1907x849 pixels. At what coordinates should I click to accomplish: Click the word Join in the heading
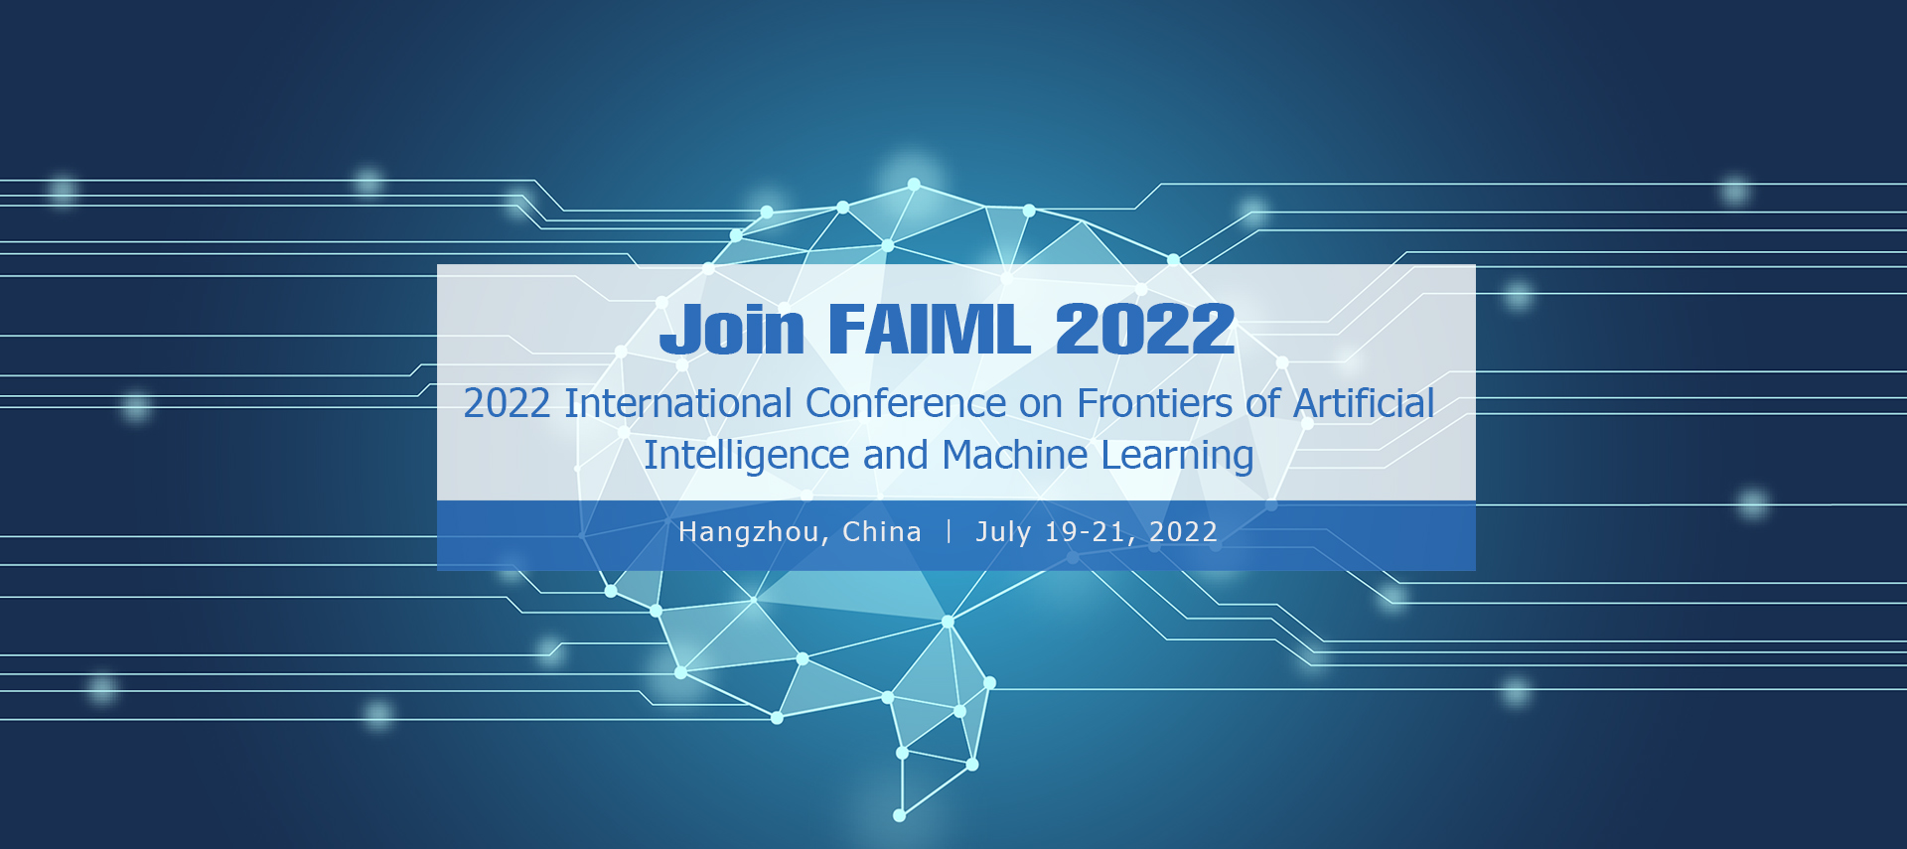[x=732, y=329]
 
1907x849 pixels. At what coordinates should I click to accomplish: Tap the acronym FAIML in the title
[x=929, y=329]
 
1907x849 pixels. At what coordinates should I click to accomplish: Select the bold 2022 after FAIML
[x=1144, y=329]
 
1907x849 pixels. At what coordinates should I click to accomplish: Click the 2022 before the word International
[x=507, y=403]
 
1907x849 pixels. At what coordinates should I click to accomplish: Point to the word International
[x=678, y=403]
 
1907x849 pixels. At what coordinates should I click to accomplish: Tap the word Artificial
[x=1364, y=403]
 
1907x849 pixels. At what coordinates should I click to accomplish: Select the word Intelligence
[x=746, y=456]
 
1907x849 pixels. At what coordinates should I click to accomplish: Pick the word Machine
[x=1015, y=455]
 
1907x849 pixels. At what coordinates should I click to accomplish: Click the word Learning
[x=1177, y=456]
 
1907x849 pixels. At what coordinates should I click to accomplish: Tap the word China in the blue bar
[x=881, y=532]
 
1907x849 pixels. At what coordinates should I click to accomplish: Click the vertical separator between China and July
[x=949, y=531]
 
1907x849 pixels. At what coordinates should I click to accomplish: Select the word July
[x=1003, y=533]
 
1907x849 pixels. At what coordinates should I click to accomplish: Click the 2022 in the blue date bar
[x=1183, y=532]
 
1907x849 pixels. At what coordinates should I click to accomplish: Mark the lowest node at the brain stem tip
[x=900, y=815]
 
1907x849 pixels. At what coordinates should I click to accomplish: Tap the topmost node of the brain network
[x=914, y=184]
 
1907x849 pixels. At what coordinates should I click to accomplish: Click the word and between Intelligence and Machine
[x=895, y=455]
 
